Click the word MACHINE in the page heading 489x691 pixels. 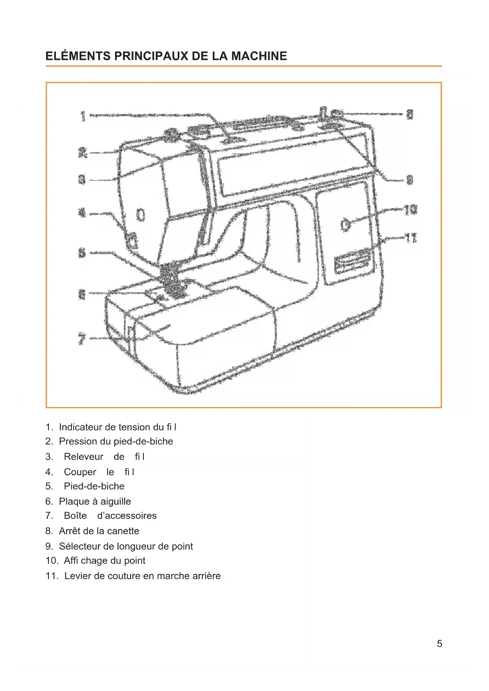point(259,56)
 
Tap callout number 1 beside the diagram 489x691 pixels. point(83,116)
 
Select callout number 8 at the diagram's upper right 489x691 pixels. point(410,115)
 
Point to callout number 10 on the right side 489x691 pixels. point(410,210)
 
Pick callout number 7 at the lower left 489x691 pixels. point(82,339)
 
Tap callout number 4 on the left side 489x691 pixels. point(82,213)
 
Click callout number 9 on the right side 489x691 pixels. point(410,180)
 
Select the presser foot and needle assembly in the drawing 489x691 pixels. point(172,280)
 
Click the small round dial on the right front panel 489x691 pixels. point(345,225)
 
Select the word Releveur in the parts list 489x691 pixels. point(84,457)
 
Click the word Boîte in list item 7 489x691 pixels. point(75,516)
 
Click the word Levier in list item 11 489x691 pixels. point(78,576)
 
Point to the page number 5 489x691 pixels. point(439,644)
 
